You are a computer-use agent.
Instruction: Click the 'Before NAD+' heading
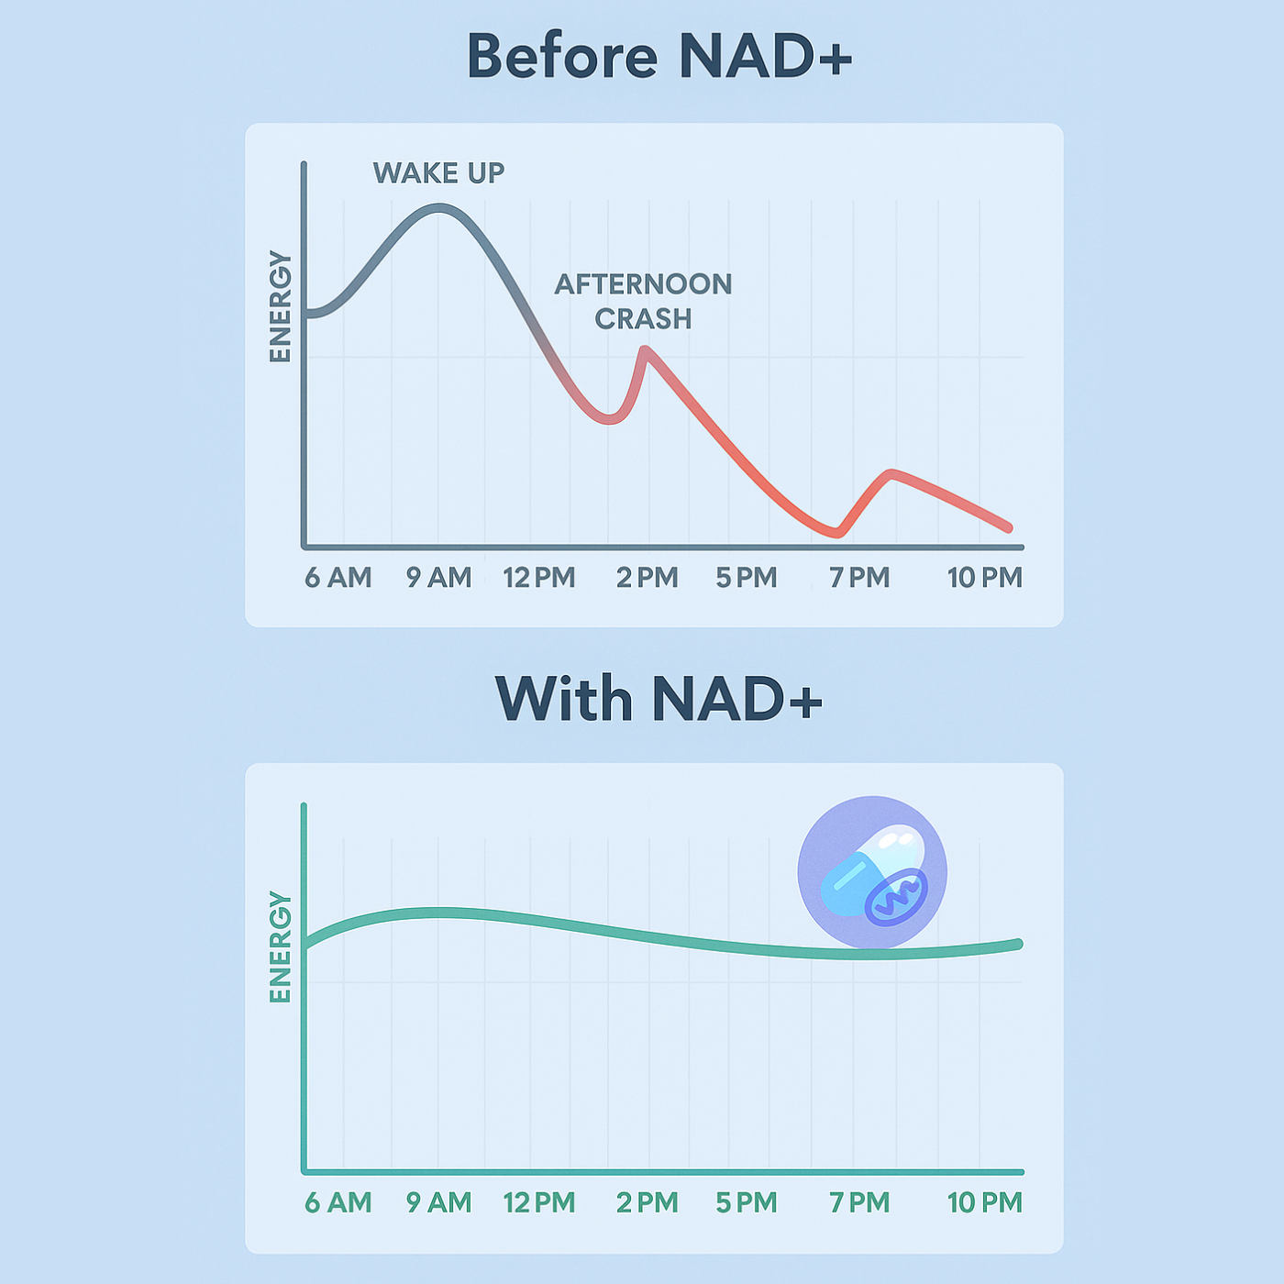659,56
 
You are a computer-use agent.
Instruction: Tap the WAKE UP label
438,173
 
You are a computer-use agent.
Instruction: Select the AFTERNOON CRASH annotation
644,301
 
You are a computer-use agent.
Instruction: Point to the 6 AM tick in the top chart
338,577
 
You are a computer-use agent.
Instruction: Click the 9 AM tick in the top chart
439,577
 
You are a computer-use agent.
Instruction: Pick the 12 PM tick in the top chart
539,577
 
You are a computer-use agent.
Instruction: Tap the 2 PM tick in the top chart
647,577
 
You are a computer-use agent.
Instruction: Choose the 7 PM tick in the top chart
859,577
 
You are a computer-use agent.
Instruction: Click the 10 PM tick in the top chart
985,577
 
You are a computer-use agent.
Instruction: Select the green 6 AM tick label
338,1202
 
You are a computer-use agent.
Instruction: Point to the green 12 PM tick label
539,1202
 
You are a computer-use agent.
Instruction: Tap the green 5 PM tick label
747,1202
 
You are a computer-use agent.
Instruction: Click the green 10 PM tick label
985,1202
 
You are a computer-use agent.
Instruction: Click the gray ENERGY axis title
281,306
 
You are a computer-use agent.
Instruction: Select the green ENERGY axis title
281,946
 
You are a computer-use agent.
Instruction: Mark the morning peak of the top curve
439,208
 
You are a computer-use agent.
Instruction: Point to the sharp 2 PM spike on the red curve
645,349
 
